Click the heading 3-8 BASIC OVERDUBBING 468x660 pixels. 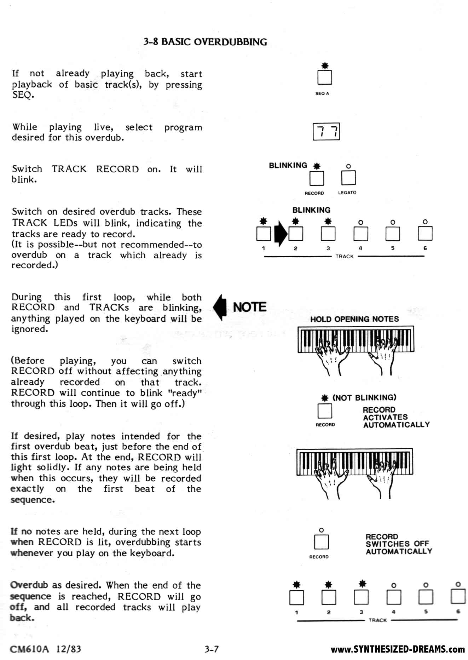coord(205,42)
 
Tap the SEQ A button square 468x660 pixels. coord(324,78)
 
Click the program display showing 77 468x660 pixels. coord(326,131)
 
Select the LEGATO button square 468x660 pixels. coord(348,178)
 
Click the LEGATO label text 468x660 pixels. coord(347,193)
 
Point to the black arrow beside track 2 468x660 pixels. coord(281,234)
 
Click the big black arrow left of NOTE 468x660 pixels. coord(220,307)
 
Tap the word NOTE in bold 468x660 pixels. coord(250,307)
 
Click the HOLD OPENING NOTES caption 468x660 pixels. coord(354,319)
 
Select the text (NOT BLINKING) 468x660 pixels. coord(364,397)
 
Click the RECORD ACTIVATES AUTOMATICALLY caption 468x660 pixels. coord(396,417)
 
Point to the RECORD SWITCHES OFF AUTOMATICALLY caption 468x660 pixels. coord(399,544)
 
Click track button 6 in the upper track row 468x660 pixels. coord(425,234)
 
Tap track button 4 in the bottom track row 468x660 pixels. coord(393,597)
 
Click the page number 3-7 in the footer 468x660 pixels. coord(212,649)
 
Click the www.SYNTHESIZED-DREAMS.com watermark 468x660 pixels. coord(398,649)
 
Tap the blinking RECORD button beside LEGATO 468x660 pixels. coord(317,178)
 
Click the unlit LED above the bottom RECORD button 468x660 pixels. coord(321,530)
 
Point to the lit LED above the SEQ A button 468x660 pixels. coord(325,65)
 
